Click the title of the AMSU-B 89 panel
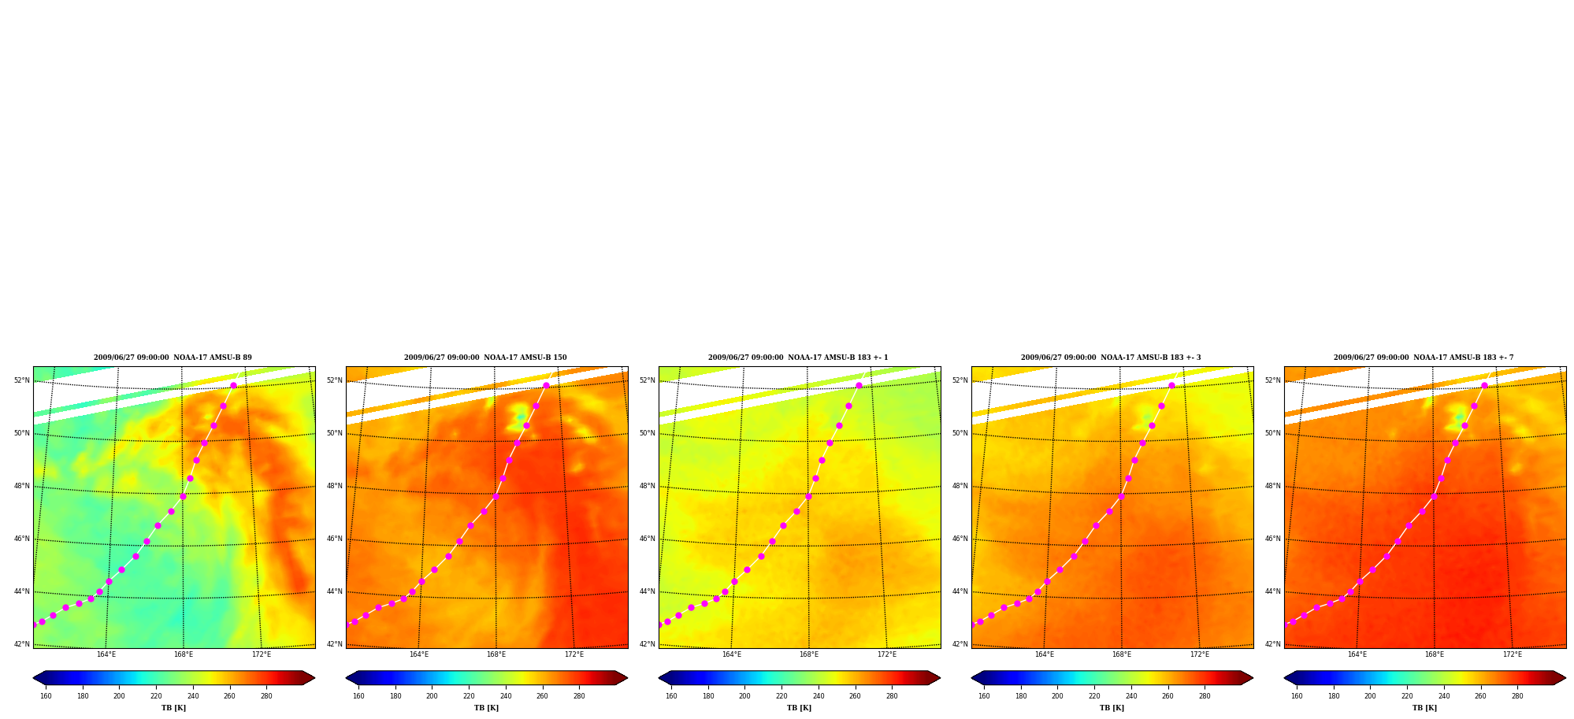click(x=173, y=358)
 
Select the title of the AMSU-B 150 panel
click(x=485, y=358)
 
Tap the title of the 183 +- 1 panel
click(x=798, y=358)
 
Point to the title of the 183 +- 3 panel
click(x=1111, y=358)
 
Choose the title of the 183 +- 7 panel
click(x=1424, y=358)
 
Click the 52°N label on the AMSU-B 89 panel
click(x=21, y=380)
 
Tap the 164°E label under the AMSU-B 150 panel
click(x=419, y=654)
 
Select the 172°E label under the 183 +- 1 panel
click(x=887, y=654)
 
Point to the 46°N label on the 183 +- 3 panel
click(x=960, y=539)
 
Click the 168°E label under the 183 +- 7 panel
click(x=1435, y=654)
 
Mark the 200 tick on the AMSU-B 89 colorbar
click(x=119, y=696)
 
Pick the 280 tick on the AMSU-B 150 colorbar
click(x=579, y=696)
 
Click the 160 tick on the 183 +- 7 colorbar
click(x=1297, y=696)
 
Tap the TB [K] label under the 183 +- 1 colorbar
click(x=799, y=708)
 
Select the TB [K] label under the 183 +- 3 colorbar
click(x=1112, y=708)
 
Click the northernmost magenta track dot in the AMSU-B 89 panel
click(x=233, y=386)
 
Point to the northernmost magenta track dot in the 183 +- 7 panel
click(x=1484, y=386)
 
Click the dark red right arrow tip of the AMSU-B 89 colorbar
click(x=314, y=678)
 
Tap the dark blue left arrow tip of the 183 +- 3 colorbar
click(x=972, y=678)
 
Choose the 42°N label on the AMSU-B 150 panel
click(x=334, y=644)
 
